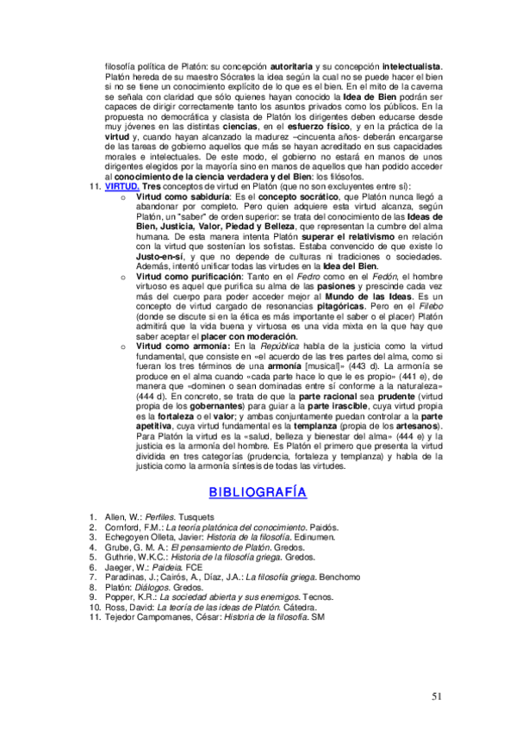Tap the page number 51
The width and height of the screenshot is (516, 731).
(439, 696)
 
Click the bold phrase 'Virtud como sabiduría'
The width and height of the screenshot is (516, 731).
(170, 197)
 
